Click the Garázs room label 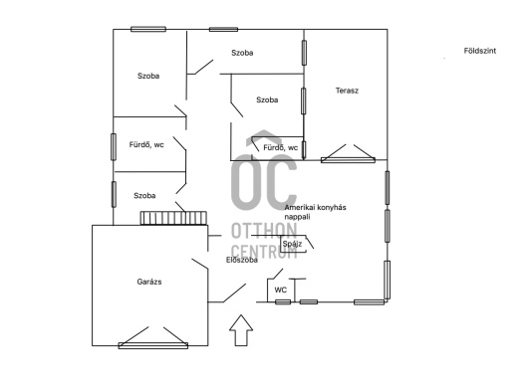point(149,282)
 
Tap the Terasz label point(347,91)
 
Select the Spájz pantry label point(292,244)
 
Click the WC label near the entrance point(281,290)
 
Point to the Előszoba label point(242,260)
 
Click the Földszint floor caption point(480,51)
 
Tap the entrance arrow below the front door point(241,330)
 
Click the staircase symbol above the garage point(173,218)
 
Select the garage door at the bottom point(153,345)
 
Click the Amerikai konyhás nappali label point(315,212)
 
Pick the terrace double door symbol point(348,160)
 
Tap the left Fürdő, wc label point(146,145)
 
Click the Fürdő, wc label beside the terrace point(281,147)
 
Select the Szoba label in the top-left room point(148,76)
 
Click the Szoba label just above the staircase point(144,196)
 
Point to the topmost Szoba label point(242,53)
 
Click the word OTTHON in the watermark point(264,231)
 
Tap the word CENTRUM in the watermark point(264,251)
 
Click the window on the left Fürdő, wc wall point(114,147)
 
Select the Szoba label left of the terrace point(267,99)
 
